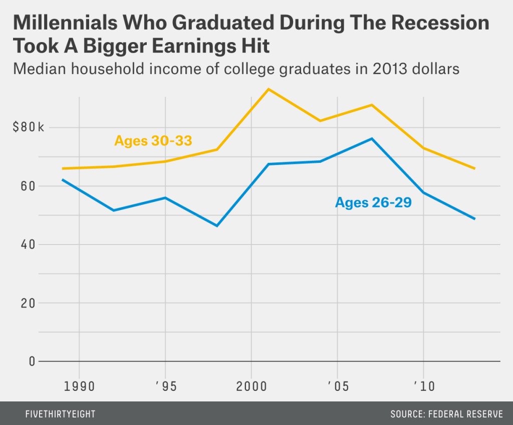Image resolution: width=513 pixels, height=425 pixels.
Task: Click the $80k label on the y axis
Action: tap(29, 127)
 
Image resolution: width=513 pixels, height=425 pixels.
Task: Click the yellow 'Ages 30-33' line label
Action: tap(153, 141)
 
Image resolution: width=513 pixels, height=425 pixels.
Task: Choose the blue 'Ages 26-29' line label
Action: tap(373, 203)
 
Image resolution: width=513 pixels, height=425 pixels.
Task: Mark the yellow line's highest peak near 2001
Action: tap(269, 89)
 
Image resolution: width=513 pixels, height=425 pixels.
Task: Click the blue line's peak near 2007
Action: tap(372, 138)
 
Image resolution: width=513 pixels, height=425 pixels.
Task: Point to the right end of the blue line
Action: tap(474, 219)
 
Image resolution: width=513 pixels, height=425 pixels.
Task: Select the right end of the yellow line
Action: tap(474, 168)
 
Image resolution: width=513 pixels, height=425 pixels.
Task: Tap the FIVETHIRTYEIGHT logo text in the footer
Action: tap(60, 414)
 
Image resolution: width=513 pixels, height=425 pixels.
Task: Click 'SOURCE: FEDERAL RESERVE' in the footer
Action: tap(446, 414)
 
